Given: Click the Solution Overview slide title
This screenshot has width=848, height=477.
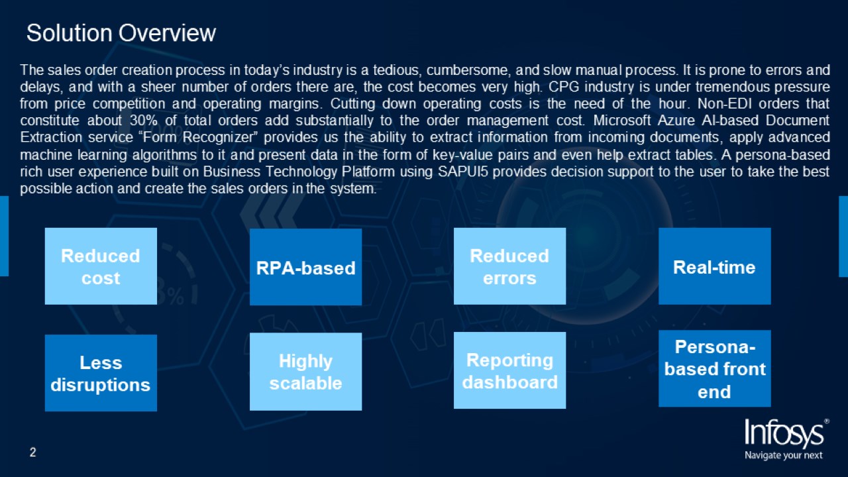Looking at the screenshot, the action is (x=121, y=33).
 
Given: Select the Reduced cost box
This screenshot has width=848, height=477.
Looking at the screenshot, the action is (x=101, y=266).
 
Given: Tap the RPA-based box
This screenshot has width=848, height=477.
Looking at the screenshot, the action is (x=305, y=267).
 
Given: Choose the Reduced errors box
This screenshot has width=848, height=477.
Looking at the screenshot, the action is (x=509, y=266).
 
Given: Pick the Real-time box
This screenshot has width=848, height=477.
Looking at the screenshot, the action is (x=714, y=266).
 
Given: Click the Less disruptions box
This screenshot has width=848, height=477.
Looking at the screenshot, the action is (x=101, y=373).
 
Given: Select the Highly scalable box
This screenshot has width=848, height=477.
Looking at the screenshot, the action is (x=305, y=372).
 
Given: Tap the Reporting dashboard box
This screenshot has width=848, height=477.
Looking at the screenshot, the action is (x=509, y=370).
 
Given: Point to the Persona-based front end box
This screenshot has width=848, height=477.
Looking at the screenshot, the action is (x=714, y=368).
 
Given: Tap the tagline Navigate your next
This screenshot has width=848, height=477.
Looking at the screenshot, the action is (x=783, y=455).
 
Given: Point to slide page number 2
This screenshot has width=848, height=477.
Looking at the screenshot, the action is (x=33, y=452).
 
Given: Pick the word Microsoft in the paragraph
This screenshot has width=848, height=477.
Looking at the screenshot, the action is (x=621, y=121).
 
